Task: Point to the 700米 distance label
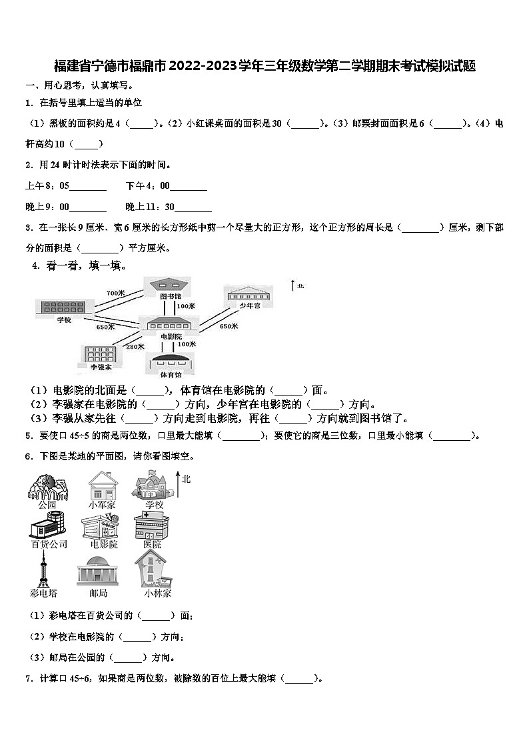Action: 115,293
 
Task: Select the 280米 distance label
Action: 135,346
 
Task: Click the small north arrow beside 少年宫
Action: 293,285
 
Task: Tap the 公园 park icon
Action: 47,486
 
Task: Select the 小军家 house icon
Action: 102,486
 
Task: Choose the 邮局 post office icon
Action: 97,571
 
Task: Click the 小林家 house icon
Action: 154,569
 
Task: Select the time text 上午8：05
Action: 47,186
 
